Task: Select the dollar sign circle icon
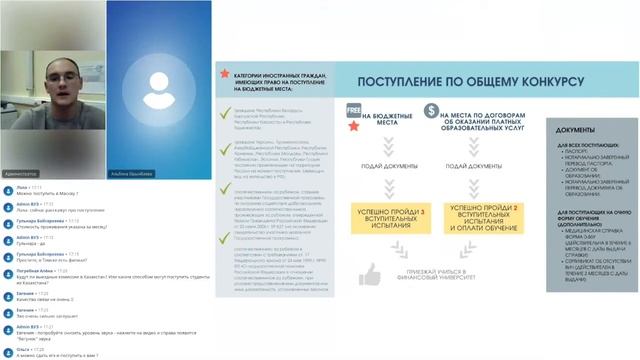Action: (x=433, y=112)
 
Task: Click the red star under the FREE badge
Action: (x=352, y=128)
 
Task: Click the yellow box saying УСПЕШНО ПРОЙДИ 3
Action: (x=382, y=213)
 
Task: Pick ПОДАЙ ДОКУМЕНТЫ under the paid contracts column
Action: (x=469, y=163)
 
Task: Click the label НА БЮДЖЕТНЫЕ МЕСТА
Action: (x=384, y=117)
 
